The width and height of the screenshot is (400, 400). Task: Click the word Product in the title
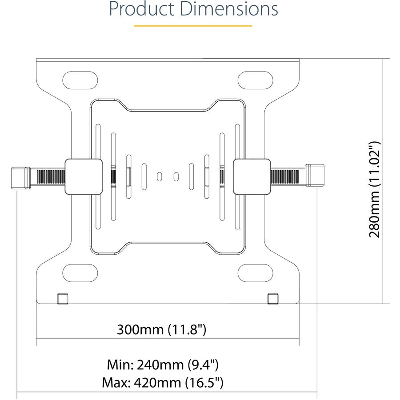click(x=139, y=9)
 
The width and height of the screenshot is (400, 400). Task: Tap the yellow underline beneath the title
click(x=193, y=26)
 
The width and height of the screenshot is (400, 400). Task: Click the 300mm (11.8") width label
click(x=162, y=330)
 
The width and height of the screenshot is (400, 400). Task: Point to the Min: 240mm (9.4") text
click(x=163, y=365)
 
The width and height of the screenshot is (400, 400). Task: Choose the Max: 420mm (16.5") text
click(x=163, y=382)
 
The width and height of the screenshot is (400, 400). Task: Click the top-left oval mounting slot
click(x=80, y=80)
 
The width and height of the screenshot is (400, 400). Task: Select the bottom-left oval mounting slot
click(x=80, y=272)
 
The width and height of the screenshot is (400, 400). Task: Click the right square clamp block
click(x=252, y=176)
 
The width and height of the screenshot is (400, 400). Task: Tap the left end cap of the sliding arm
click(x=20, y=177)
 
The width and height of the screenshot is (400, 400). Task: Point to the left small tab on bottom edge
click(x=62, y=298)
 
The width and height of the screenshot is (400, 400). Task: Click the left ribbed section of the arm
click(x=48, y=177)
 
